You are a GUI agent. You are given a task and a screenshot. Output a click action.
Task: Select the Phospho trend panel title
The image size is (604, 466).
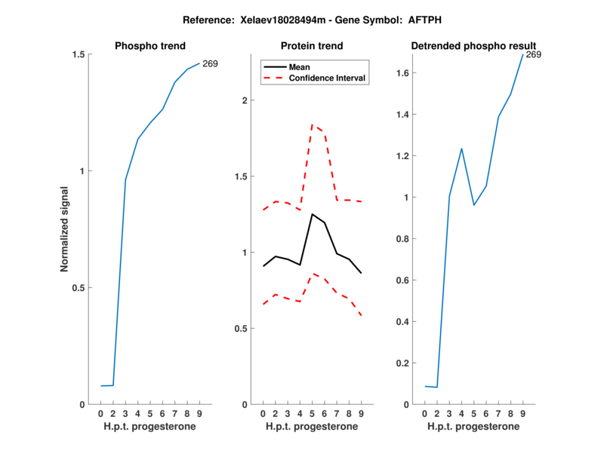click(x=149, y=46)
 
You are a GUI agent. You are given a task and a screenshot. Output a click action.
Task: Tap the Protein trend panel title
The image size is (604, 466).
click(x=311, y=46)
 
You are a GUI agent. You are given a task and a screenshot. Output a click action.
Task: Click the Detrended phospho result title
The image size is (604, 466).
click(x=473, y=46)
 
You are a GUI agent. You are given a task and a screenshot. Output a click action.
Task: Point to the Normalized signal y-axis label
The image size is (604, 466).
click(x=64, y=229)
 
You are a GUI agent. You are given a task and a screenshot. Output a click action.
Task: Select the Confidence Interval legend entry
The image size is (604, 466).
click(x=328, y=77)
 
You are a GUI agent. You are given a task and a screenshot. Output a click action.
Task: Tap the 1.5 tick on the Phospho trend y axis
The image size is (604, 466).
click(x=77, y=54)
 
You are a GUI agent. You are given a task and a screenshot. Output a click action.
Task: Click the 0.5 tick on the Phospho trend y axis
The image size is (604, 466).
click(x=77, y=287)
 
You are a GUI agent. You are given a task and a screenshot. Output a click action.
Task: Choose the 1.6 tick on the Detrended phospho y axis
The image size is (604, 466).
click(x=404, y=73)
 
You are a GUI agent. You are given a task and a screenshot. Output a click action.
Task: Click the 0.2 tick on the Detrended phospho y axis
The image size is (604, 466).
click(x=404, y=363)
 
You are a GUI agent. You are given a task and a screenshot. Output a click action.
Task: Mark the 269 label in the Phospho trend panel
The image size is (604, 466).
click(x=210, y=63)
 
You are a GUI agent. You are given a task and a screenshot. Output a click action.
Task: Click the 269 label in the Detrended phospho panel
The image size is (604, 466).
click(x=534, y=54)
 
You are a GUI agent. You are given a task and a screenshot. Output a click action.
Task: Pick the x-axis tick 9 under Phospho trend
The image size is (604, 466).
click(x=199, y=414)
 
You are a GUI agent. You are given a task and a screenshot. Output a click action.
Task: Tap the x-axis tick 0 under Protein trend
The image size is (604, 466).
click(x=263, y=414)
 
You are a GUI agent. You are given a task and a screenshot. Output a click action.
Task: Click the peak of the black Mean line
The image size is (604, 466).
click(x=312, y=214)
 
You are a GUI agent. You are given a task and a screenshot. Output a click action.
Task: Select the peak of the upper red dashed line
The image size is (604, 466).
click(x=312, y=125)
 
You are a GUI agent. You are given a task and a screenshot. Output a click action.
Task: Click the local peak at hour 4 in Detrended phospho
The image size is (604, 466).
click(x=461, y=149)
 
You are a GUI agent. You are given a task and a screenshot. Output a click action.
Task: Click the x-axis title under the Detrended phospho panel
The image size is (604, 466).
click(x=473, y=427)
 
